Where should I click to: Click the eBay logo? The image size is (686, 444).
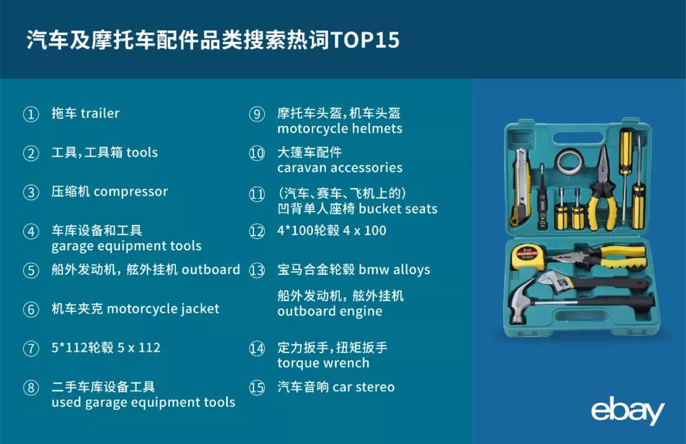[628, 410]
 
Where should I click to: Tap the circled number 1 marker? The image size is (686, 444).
[31, 114]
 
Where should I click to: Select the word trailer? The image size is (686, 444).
[100, 113]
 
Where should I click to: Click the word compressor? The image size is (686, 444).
[131, 192]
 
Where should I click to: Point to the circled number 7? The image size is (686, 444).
[31, 349]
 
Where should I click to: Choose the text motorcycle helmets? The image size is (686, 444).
[339, 128]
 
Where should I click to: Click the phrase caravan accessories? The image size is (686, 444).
[339, 168]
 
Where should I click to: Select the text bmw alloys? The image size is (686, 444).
[394, 269]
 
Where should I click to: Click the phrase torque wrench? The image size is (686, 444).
[323, 363]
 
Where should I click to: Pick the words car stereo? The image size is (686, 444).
[363, 387]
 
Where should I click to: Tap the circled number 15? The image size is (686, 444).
[257, 387]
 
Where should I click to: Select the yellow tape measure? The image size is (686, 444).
[528, 257]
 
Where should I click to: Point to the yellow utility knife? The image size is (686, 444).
[521, 186]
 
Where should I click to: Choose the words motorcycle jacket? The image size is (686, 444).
[163, 309]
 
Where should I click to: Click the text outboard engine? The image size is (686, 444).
[330, 311]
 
